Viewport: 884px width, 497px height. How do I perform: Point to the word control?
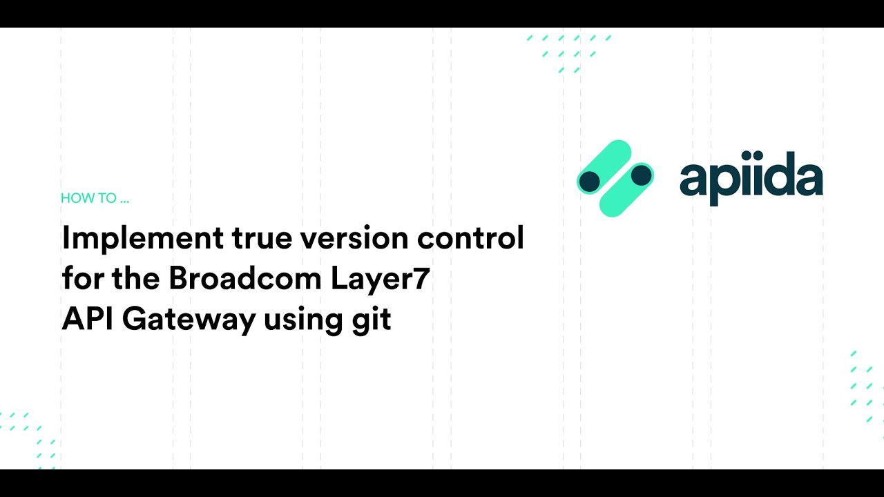tap(470, 239)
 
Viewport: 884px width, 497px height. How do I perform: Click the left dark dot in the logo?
tap(589, 182)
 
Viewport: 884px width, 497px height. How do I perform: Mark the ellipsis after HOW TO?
tap(124, 199)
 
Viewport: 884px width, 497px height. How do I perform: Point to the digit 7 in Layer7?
tap(421, 280)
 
